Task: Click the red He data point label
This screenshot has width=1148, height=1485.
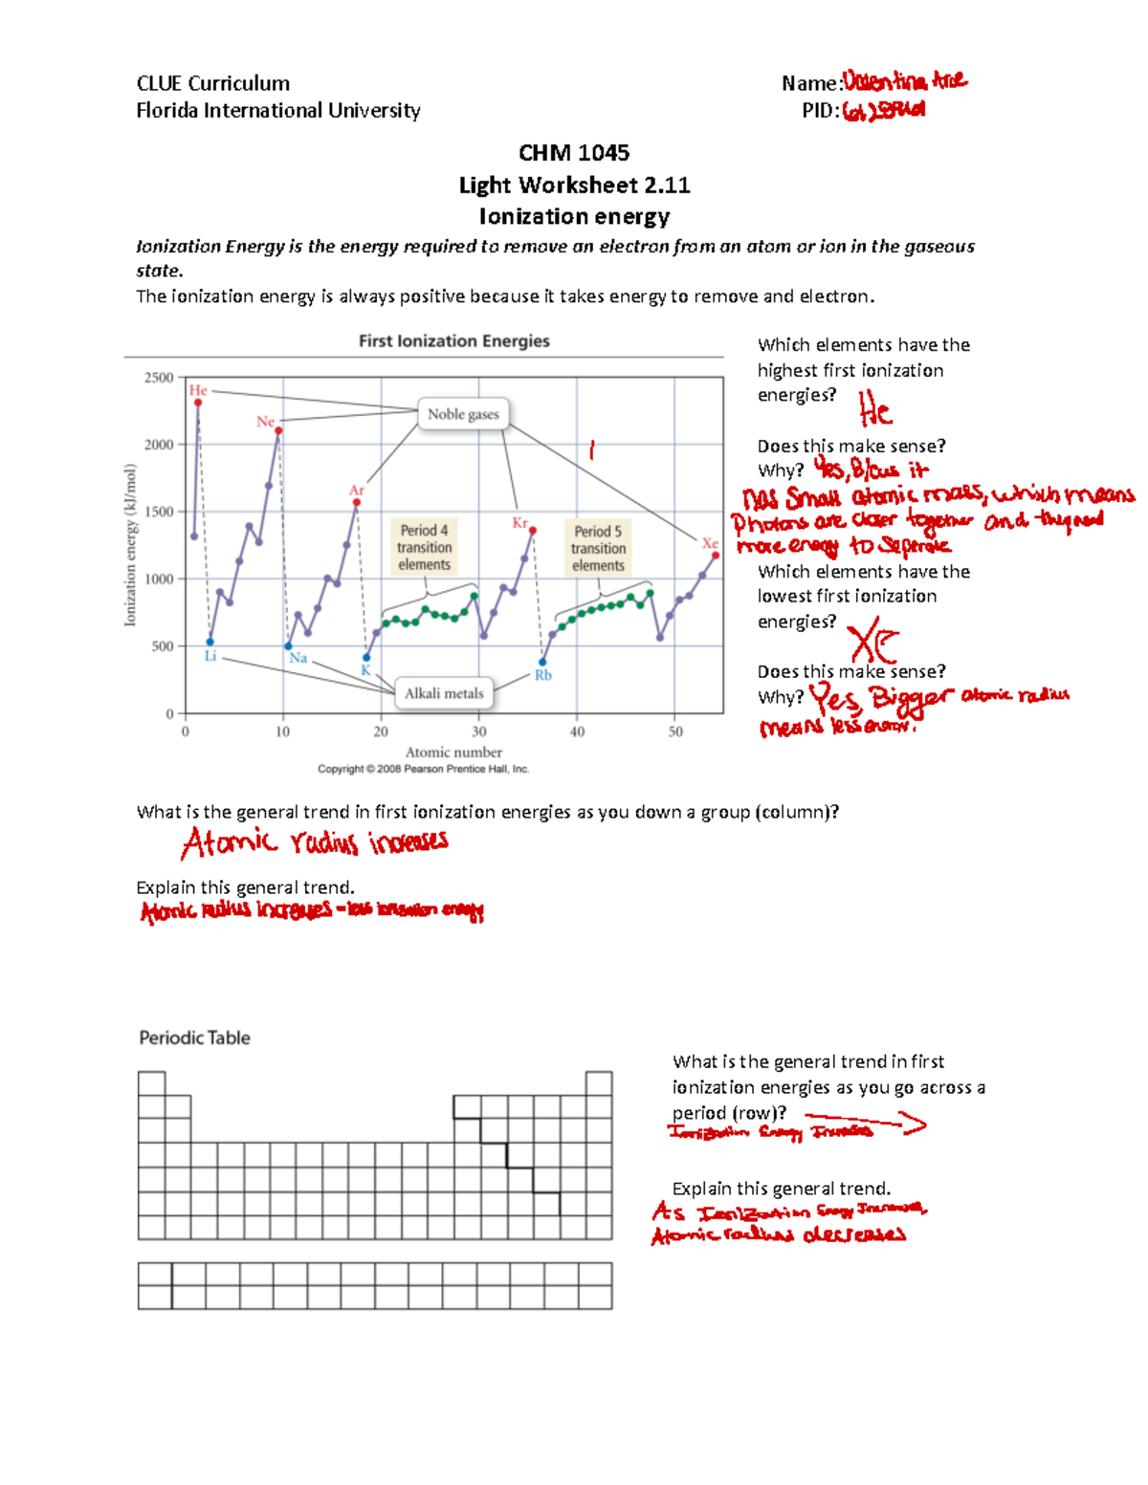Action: [198, 390]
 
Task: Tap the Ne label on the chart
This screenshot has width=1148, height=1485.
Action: [265, 422]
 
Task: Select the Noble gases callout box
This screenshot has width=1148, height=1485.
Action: [463, 414]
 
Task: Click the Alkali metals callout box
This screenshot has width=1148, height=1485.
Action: [444, 694]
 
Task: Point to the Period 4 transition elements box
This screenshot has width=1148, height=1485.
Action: [424, 547]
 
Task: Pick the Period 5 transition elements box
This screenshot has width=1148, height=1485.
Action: [598, 548]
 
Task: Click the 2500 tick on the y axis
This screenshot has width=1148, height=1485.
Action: [159, 378]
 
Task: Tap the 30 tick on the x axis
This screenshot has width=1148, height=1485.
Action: [478, 732]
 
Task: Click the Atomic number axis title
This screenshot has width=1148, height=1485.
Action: [453, 753]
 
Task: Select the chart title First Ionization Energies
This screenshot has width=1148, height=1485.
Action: [453, 341]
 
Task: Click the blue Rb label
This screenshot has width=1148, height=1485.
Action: [542, 675]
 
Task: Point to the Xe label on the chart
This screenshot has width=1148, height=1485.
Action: [710, 543]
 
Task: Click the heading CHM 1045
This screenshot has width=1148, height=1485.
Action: [574, 153]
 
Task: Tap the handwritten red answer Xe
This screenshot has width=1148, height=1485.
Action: [873, 642]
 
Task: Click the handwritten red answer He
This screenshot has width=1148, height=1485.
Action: [874, 412]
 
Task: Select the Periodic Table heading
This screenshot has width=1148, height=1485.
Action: [194, 1038]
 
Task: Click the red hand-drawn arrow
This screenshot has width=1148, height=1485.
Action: [866, 1121]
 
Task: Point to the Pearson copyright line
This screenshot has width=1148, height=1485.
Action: [423, 769]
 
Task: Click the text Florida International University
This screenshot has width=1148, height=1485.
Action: [278, 111]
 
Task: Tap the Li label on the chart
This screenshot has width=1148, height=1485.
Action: [210, 656]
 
